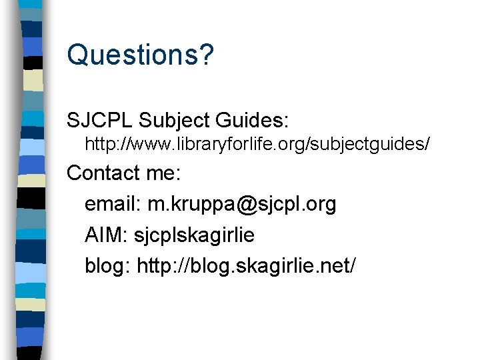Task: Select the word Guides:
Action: click(256, 121)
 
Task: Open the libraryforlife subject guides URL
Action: click(257, 143)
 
